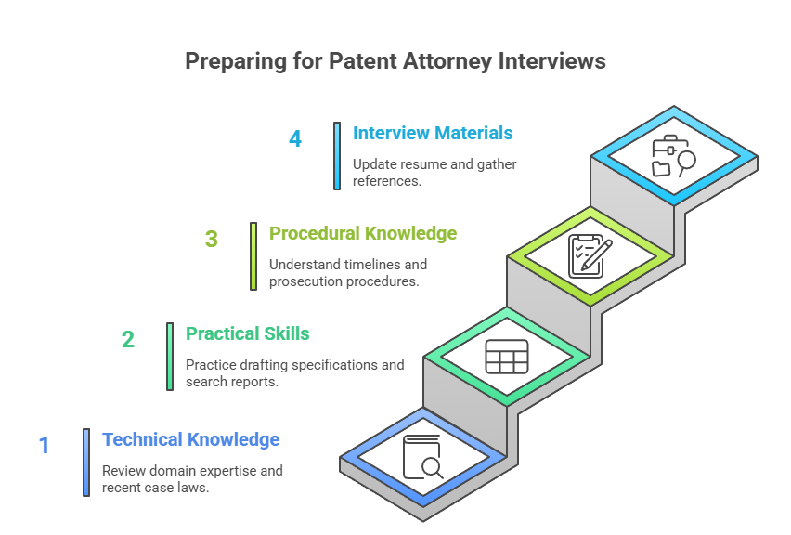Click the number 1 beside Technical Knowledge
pos(44,446)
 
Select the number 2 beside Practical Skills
pos(128,340)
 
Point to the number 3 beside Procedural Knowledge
pos(212,240)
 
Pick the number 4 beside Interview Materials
pos(295,139)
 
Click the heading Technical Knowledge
pos(190,439)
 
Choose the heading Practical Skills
pos(248,333)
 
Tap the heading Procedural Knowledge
pos(363,233)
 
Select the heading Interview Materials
pos(433,133)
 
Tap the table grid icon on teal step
pos(507,357)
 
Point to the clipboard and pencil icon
pos(590,255)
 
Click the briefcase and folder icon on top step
pos(673,156)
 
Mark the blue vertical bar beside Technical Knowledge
pos(86,462)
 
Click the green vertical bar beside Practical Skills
pos(170,356)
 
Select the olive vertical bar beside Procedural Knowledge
pos(253,255)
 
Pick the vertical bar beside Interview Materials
pos(337,155)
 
